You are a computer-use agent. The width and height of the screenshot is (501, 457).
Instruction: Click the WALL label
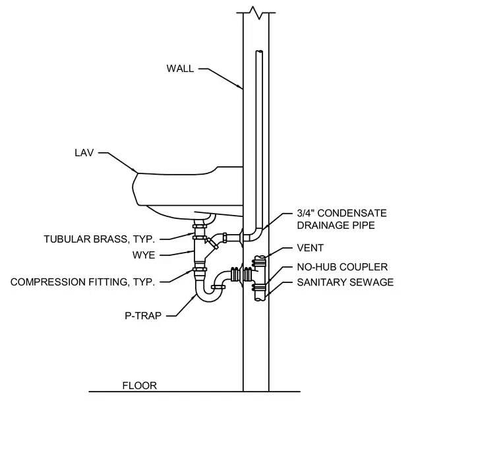point(180,69)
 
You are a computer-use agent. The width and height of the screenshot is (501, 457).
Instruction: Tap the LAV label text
point(84,153)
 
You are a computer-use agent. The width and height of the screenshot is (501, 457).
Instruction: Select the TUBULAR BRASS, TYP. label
point(99,239)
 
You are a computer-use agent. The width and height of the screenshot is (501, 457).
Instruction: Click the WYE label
point(144,255)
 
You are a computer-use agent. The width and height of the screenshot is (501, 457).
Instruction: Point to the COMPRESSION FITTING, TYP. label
point(82,282)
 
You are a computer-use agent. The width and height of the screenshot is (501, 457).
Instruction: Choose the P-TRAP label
point(143,316)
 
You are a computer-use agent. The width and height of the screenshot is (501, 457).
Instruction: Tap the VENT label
point(310,248)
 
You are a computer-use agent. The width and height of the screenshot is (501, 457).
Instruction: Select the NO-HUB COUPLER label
point(342,267)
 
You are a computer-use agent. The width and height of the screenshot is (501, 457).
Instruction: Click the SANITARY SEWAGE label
point(345,282)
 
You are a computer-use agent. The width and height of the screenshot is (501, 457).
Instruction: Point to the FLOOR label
point(140,386)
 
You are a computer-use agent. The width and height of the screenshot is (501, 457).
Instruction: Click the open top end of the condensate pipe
point(259,52)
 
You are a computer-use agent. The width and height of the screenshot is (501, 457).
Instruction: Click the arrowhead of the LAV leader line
point(136,171)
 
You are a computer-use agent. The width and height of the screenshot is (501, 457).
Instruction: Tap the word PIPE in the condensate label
point(362,226)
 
